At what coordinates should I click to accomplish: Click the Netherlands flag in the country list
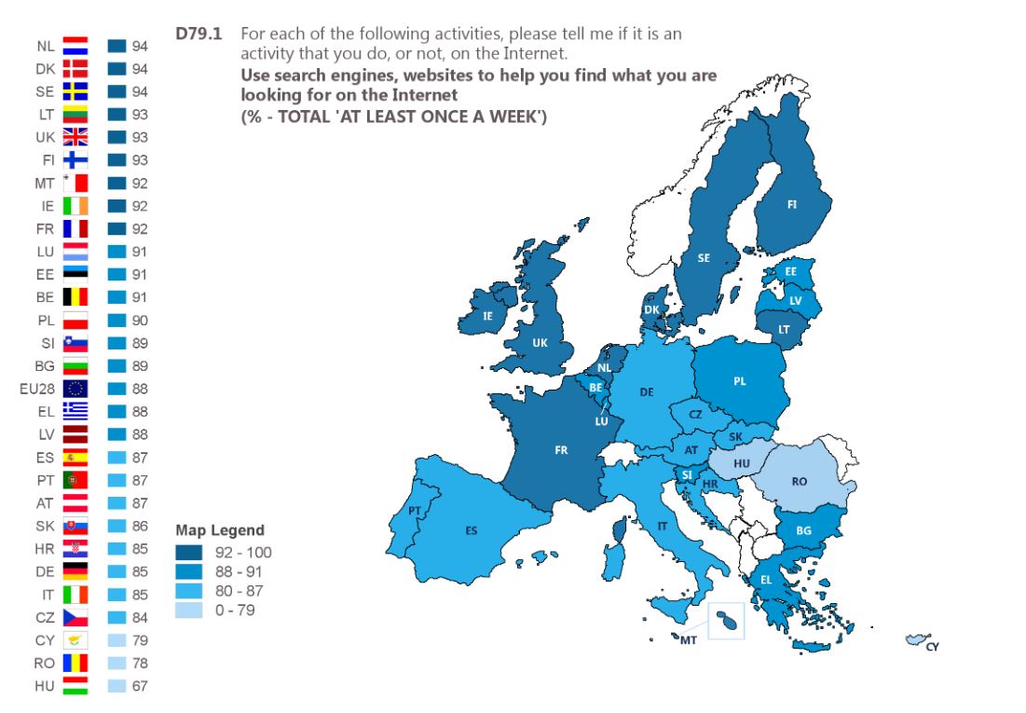point(75,46)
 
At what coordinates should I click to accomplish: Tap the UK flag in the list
point(75,137)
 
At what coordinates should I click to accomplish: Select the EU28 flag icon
point(75,389)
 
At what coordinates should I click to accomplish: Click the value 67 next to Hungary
point(140,686)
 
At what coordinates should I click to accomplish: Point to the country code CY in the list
point(45,640)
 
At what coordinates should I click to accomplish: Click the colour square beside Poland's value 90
point(116,320)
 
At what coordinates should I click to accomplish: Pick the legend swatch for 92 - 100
point(187,552)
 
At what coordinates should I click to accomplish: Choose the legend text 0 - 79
point(234,610)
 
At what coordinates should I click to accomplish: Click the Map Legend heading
point(220,530)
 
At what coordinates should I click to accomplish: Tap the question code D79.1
point(198,34)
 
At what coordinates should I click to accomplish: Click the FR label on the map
point(561,450)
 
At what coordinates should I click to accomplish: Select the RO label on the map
point(799,482)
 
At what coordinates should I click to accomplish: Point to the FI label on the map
point(792,205)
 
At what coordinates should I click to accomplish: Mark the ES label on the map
point(472,530)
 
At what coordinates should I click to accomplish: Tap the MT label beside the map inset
point(689,640)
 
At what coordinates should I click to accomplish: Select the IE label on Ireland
point(487,316)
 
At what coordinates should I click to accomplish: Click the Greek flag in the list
point(75,411)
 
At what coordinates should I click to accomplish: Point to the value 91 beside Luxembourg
point(140,252)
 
